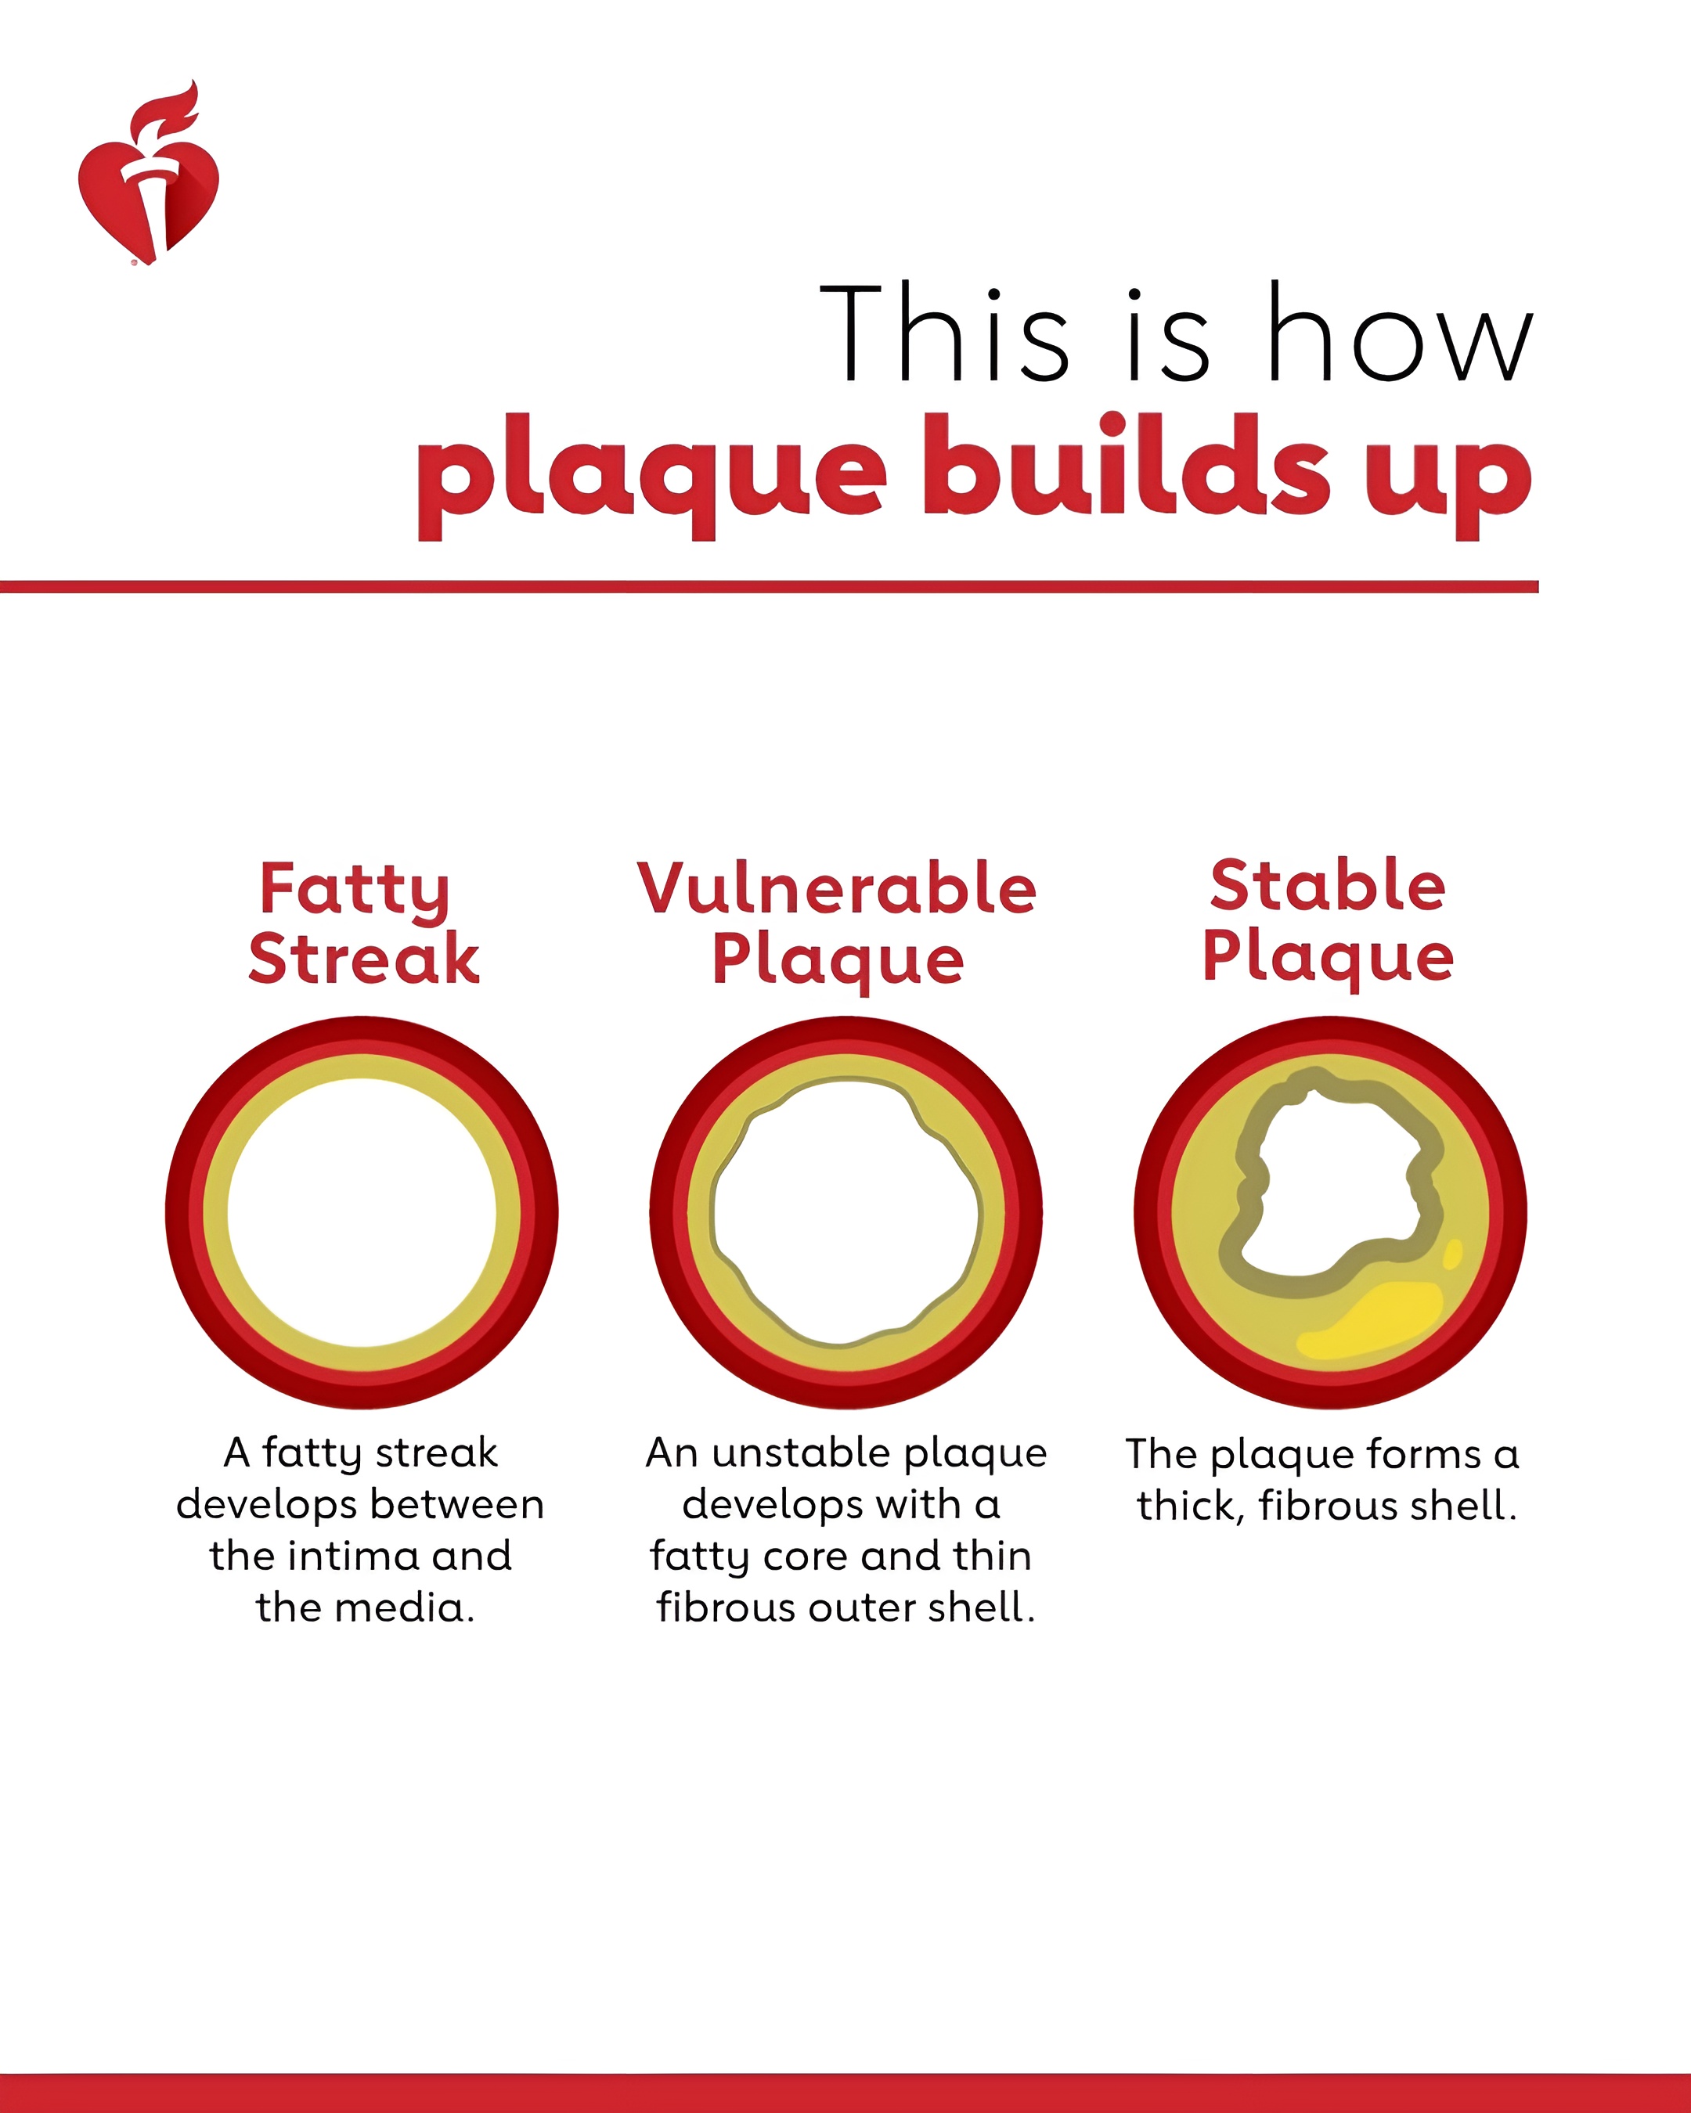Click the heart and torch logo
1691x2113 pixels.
(x=149, y=174)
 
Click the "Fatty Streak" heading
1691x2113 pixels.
(x=364, y=923)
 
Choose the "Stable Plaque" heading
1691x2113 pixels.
(x=1329, y=922)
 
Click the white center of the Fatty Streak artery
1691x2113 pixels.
(x=362, y=1213)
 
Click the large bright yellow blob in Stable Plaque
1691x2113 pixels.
(x=1372, y=1323)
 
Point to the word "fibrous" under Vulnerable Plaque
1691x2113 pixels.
(x=727, y=1607)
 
